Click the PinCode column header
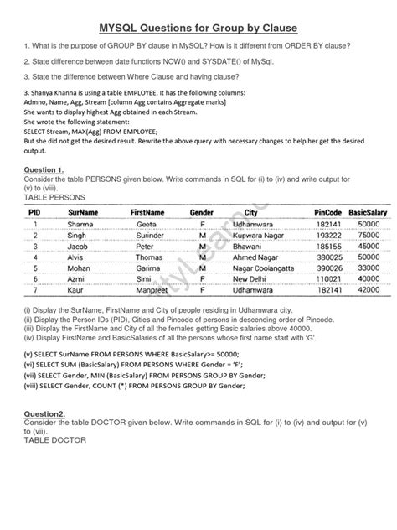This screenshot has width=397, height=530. click(x=330, y=214)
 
